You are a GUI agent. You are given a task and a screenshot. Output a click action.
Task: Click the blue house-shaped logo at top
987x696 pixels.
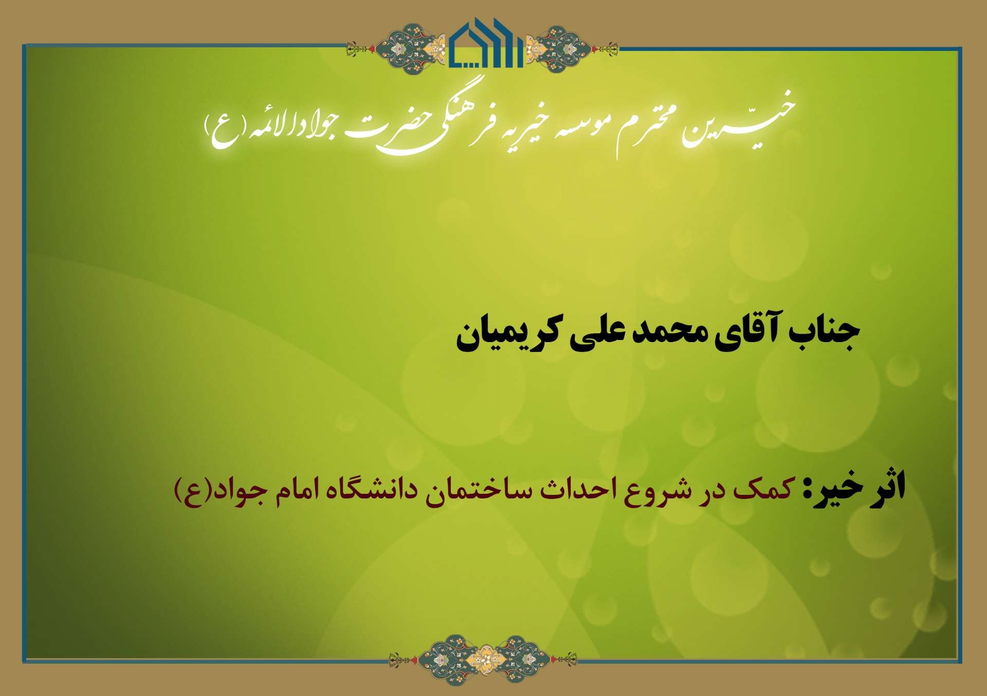(486, 43)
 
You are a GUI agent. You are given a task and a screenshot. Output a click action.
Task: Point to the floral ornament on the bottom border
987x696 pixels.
(483, 659)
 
